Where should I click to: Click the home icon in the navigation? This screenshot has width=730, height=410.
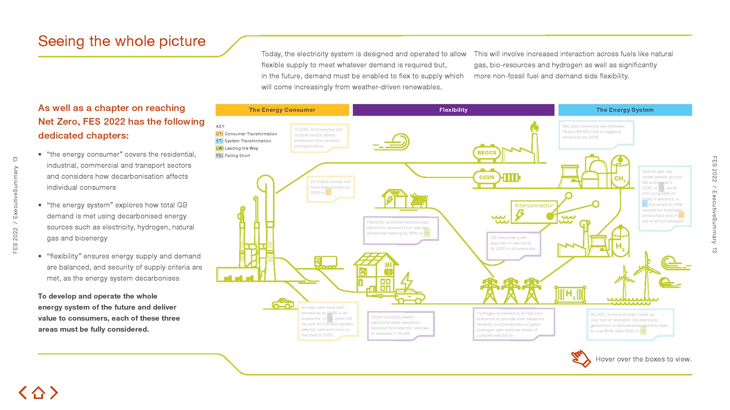click(38, 393)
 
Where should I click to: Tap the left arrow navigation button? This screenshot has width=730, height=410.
click(23, 393)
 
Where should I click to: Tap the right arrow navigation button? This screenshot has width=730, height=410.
click(54, 393)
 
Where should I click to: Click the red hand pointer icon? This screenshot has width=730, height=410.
click(581, 358)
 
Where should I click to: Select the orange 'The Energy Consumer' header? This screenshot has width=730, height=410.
click(282, 110)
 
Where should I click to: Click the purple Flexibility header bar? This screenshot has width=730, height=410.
click(453, 110)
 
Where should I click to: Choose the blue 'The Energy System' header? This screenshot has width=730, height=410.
click(625, 110)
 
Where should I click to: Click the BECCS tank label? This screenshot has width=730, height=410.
click(486, 153)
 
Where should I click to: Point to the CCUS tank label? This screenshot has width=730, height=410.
click(486, 177)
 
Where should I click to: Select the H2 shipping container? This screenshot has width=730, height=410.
click(570, 295)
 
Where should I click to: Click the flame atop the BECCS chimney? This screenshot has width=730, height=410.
click(534, 127)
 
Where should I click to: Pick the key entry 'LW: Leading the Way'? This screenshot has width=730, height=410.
click(237, 148)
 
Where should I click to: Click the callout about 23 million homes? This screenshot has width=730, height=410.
click(330, 188)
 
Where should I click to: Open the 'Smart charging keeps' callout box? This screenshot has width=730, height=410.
click(400, 325)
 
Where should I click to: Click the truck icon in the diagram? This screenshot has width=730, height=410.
click(326, 262)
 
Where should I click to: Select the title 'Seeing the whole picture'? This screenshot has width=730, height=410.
click(122, 41)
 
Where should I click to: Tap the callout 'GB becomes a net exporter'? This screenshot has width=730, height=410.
click(513, 244)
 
